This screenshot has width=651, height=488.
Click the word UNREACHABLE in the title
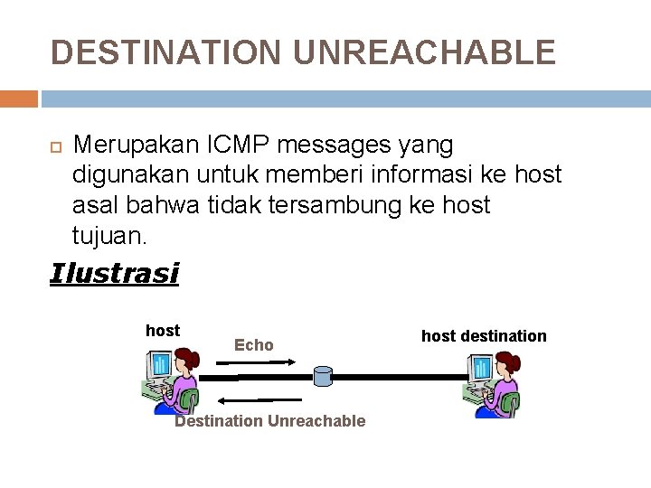424,52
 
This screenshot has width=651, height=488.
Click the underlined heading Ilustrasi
115,273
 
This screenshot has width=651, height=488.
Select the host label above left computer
163,331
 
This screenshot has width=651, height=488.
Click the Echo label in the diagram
253,344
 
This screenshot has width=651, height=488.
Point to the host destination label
484,336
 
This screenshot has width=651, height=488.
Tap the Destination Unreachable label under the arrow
269,420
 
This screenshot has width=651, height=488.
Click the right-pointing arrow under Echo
255,362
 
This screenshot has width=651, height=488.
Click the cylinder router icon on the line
323,376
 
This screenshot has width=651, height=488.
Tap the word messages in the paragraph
341,145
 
